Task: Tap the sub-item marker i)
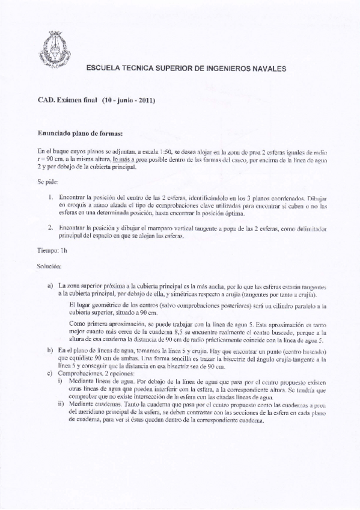click(59, 381)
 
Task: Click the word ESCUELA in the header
click(105, 70)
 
